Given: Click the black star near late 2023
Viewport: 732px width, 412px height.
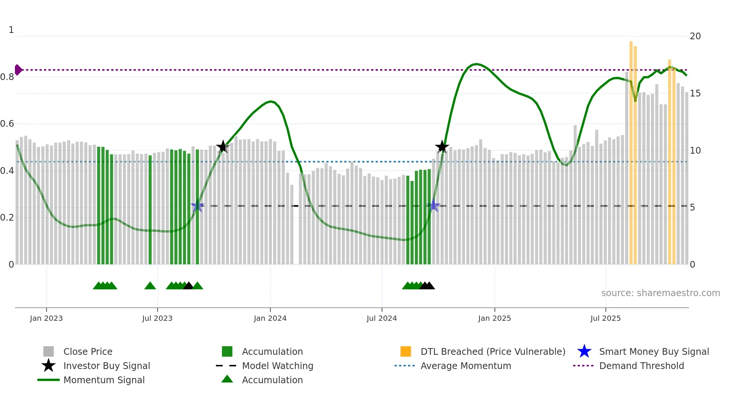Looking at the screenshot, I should click(x=223, y=147).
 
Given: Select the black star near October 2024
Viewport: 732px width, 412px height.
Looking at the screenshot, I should click(x=442, y=147).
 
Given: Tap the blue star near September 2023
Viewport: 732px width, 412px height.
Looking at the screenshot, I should click(x=198, y=206).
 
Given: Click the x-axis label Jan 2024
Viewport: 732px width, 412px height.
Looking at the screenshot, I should click(x=270, y=318).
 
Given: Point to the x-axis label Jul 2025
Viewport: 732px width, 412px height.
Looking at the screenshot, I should click(x=605, y=318).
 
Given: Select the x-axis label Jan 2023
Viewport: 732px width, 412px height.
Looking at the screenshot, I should click(x=46, y=318).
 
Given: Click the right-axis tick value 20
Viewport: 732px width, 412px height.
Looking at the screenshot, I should click(x=695, y=36).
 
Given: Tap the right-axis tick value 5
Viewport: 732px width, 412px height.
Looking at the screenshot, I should click(x=692, y=207).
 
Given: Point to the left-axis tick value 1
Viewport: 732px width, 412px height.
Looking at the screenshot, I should click(x=11, y=30).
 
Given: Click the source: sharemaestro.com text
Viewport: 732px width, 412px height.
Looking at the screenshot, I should click(x=660, y=293).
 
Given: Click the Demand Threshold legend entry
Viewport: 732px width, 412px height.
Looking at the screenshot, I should click(x=641, y=366).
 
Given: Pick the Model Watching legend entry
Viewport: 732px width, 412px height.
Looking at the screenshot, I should click(x=277, y=366).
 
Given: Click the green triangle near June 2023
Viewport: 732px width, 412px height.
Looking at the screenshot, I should click(x=150, y=286).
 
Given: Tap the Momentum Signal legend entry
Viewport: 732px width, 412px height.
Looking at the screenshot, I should click(x=104, y=380).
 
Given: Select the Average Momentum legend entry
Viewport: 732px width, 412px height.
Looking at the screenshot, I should click(x=465, y=366).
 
